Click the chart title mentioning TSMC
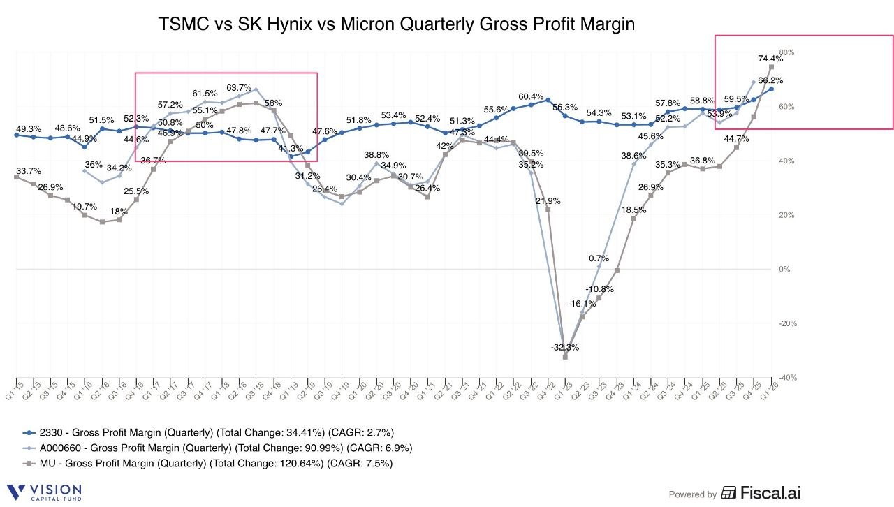397,24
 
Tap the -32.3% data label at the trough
564,347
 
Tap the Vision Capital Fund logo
44,492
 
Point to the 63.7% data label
239,88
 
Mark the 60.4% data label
531,96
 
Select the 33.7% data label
28,170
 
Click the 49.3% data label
28,129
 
